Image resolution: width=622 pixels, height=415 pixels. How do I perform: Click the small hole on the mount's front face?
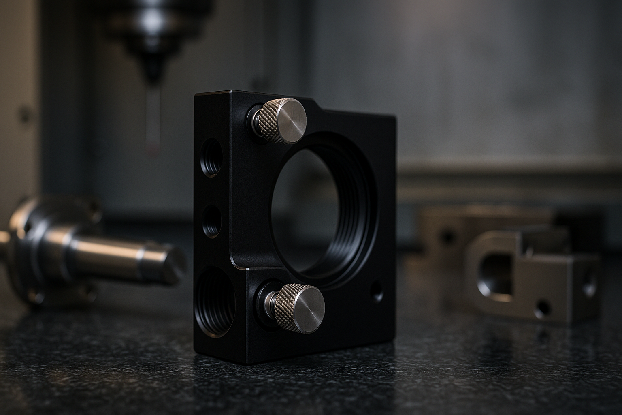(377, 291)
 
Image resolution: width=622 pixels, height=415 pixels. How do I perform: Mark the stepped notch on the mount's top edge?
(320, 107)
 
